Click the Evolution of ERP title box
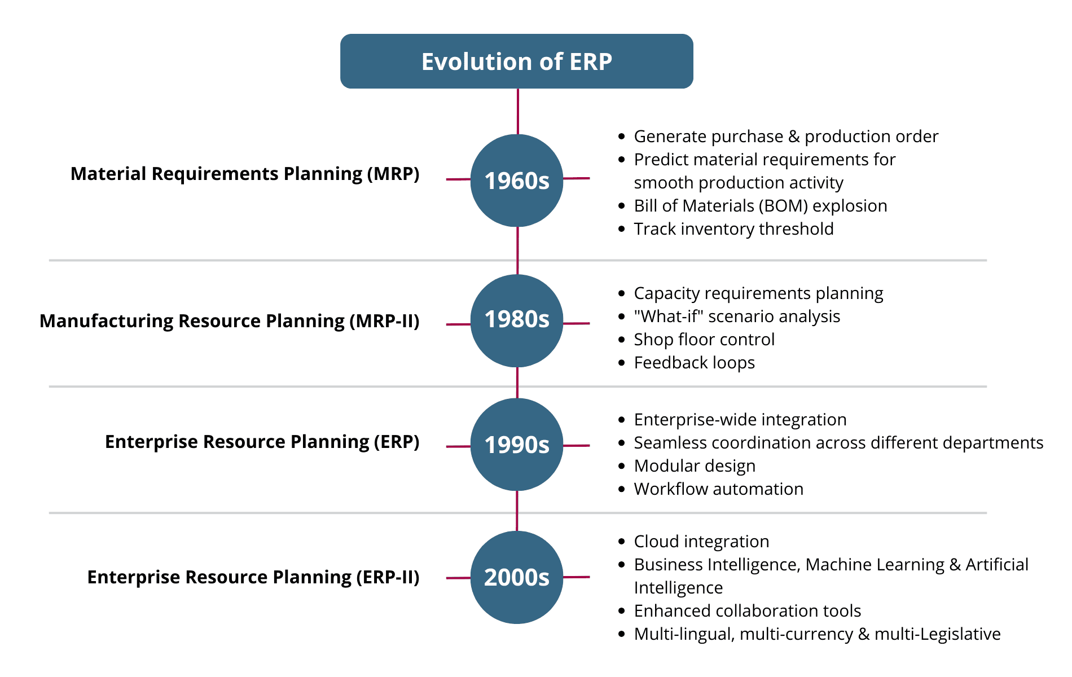click(516, 61)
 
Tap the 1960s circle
click(517, 181)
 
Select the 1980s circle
click(517, 320)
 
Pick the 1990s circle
click(517, 445)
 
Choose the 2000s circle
click(517, 577)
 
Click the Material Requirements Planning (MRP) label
click(245, 174)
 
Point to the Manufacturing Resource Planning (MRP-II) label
click(230, 321)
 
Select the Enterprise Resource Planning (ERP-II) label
click(253, 577)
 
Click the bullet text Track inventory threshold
click(733, 228)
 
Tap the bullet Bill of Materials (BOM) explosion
click(761, 206)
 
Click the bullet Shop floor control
click(704, 339)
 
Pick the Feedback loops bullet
click(695, 363)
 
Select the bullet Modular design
click(695, 466)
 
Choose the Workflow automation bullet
click(719, 489)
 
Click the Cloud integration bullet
click(701, 542)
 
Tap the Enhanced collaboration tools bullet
click(748, 610)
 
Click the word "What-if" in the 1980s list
click(668, 316)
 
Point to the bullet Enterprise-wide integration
click(740, 420)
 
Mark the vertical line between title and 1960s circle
click(518, 112)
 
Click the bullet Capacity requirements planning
click(758, 293)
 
